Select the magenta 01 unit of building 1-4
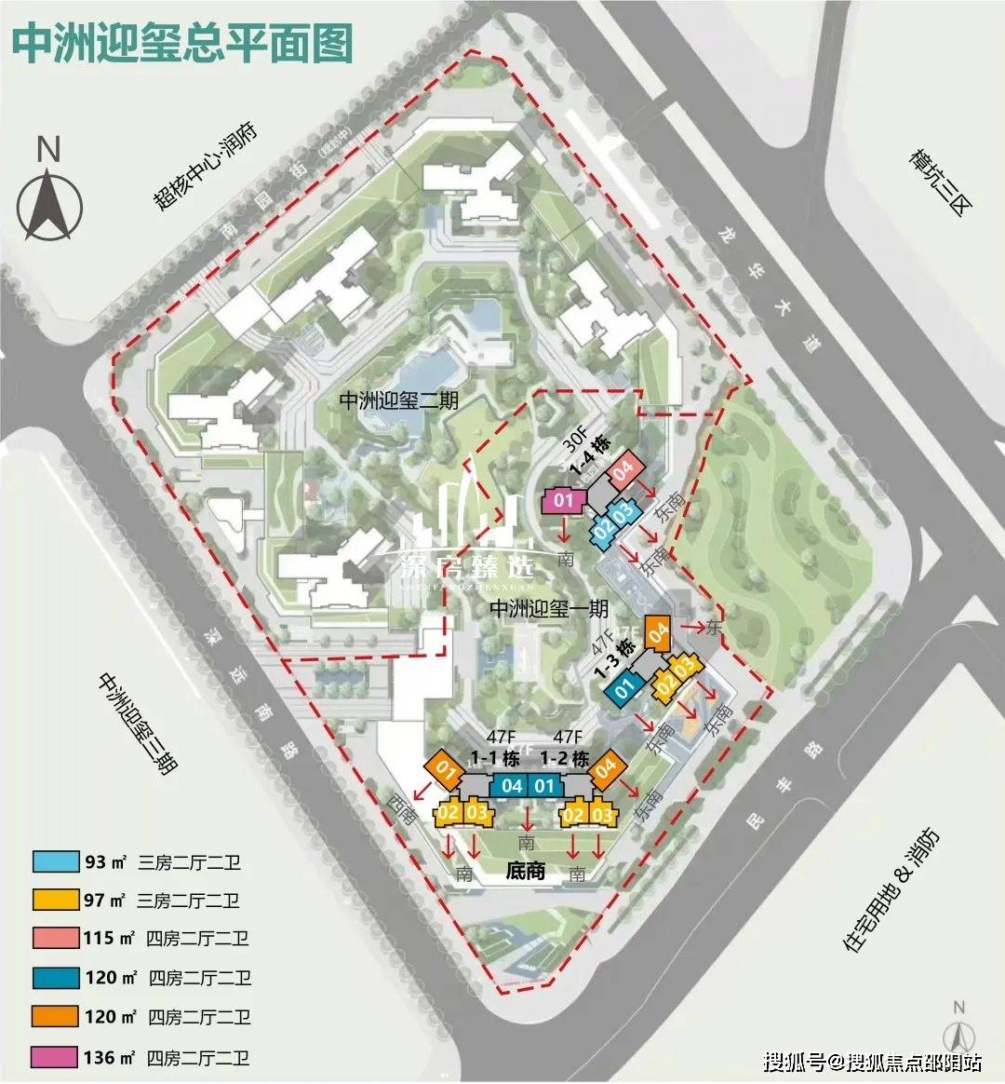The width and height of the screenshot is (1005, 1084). [563, 501]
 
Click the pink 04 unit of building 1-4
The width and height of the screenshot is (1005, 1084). [623, 468]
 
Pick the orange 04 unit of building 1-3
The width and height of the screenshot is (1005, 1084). [659, 637]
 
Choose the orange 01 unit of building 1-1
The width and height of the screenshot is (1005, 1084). [445, 771]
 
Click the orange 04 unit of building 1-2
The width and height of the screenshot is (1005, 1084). [606, 769]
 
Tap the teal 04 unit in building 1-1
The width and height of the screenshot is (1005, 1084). [511, 786]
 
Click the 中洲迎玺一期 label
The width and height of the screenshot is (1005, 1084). [549, 609]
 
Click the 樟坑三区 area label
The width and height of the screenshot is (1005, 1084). [934, 183]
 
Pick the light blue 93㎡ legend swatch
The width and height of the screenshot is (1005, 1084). [55, 861]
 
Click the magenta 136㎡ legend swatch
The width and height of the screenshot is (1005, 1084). [55, 1057]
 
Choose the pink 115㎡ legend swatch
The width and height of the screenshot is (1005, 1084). [55, 939]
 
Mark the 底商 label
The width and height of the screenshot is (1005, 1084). [525, 872]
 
